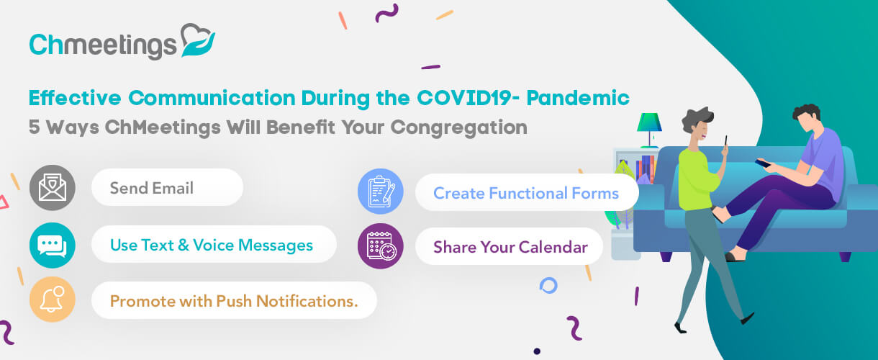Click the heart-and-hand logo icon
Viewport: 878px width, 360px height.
click(x=198, y=40)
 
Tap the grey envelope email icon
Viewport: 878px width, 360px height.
click(x=52, y=188)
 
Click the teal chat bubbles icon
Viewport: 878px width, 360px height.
click(x=52, y=246)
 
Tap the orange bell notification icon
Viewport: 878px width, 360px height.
click(x=52, y=300)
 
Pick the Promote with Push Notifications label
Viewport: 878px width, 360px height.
click(x=234, y=300)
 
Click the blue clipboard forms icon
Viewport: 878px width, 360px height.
click(x=381, y=192)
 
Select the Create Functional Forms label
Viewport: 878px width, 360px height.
click(x=526, y=192)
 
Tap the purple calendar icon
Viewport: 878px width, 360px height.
click(x=381, y=246)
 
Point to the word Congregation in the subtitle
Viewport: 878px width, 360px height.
click(x=459, y=128)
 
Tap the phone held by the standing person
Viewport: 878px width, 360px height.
click(x=726, y=141)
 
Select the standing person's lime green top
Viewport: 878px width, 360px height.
click(x=697, y=179)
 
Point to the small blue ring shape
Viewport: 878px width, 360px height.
click(x=548, y=286)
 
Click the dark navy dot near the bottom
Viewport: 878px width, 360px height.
click(x=537, y=351)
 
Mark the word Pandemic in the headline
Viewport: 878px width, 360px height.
click(x=578, y=98)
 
